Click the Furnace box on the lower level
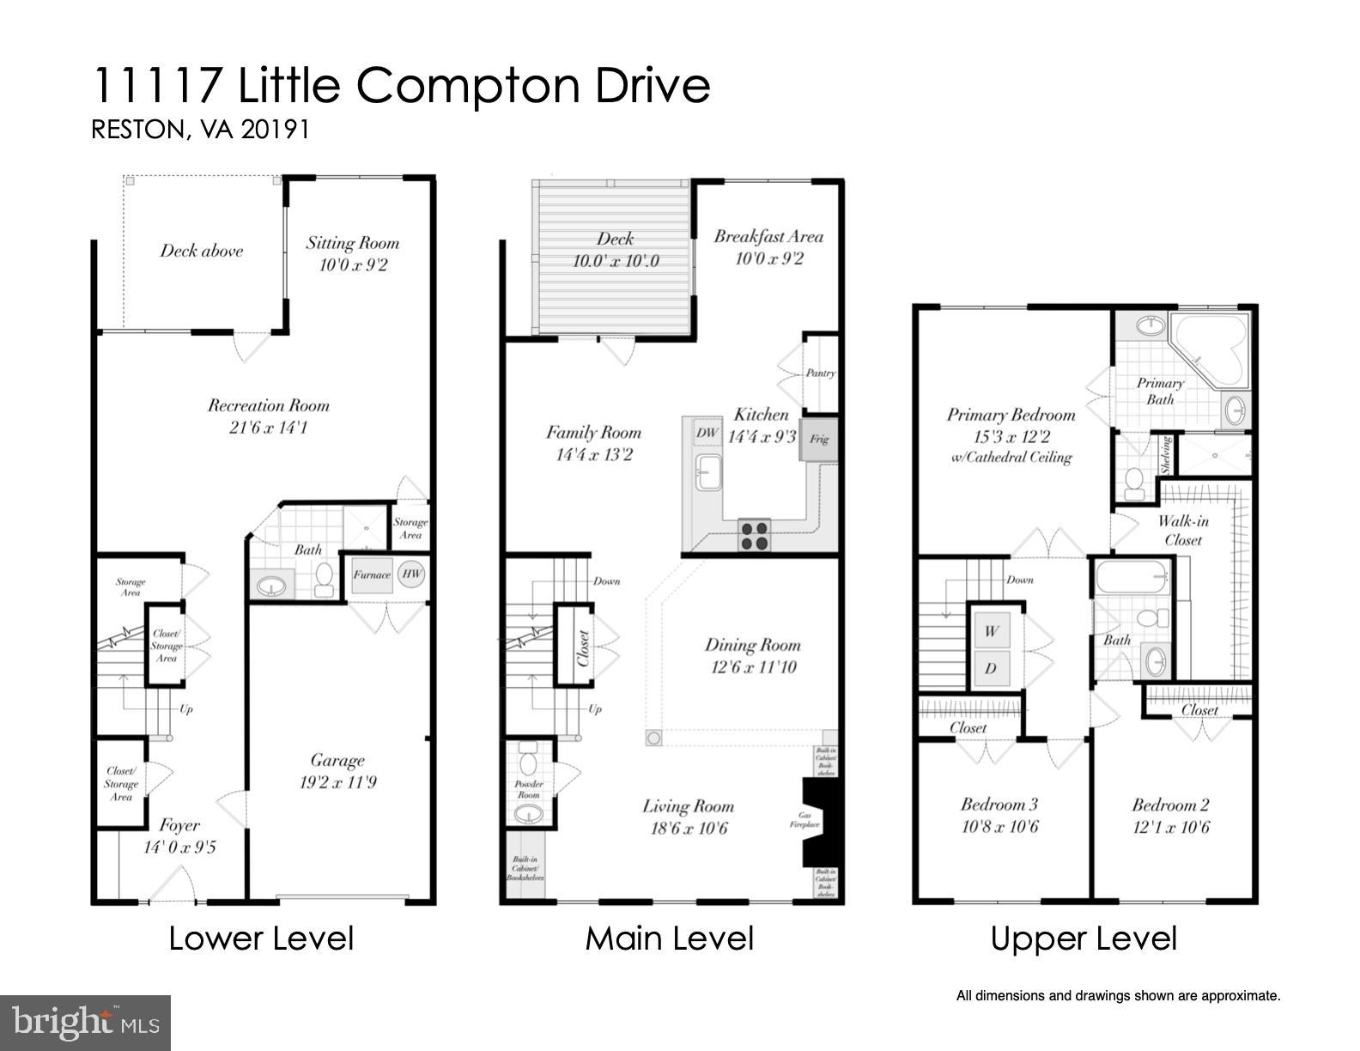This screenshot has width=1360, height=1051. [x=371, y=575]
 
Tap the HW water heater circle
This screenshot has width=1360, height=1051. [x=412, y=574]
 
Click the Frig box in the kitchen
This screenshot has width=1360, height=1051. [x=819, y=440]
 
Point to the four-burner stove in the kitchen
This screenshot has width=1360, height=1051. [x=756, y=536]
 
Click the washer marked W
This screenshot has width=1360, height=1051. [x=992, y=631]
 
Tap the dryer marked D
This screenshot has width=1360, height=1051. [x=991, y=668]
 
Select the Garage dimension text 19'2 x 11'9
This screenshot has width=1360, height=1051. [x=337, y=783]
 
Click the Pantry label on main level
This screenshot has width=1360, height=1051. [x=820, y=374]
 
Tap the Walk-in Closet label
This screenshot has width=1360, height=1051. [x=1183, y=531]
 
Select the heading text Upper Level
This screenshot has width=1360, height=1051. [x=1084, y=939]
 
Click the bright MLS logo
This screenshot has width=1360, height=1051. [x=85, y=1024]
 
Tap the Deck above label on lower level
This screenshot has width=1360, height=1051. [x=202, y=252]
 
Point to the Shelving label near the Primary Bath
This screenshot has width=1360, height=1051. [x=1167, y=454]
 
